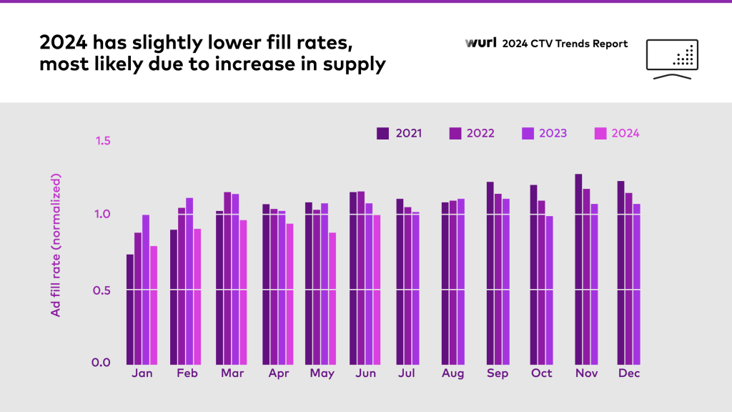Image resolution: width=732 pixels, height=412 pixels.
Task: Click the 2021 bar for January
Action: coord(130,308)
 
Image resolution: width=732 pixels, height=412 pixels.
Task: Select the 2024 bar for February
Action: coord(197,295)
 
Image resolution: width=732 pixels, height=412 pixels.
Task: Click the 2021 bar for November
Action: coord(578,268)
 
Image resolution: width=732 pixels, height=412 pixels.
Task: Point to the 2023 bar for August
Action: coord(460,280)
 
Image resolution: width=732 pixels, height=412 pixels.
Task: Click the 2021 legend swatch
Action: coord(383,133)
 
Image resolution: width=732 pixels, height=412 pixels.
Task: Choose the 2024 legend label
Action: coord(625,133)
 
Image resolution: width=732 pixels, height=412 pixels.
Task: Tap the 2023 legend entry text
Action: coord(553,133)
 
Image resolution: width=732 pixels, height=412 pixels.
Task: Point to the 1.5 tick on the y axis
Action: coord(103,140)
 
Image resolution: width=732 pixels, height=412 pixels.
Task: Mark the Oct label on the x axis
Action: coord(541,374)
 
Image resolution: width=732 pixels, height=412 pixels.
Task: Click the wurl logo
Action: coord(479,44)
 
